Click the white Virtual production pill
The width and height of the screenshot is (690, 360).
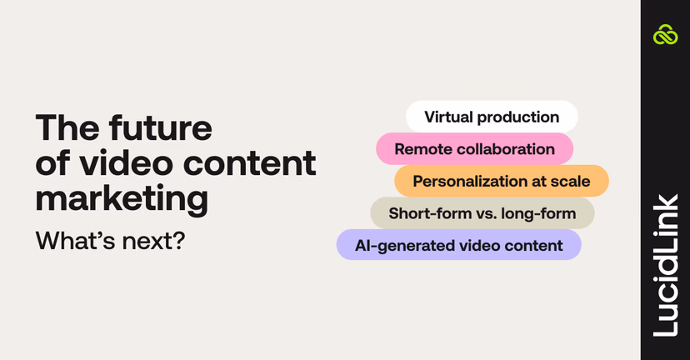[x=492, y=117]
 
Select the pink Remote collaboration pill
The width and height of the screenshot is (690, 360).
[x=474, y=149]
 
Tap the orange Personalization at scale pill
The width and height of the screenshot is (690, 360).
[x=501, y=181]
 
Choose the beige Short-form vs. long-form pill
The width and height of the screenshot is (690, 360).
[x=482, y=213]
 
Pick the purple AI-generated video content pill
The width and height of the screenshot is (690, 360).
[x=458, y=246]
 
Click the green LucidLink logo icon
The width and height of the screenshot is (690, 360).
[x=665, y=35]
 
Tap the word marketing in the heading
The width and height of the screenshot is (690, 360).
[x=122, y=199]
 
